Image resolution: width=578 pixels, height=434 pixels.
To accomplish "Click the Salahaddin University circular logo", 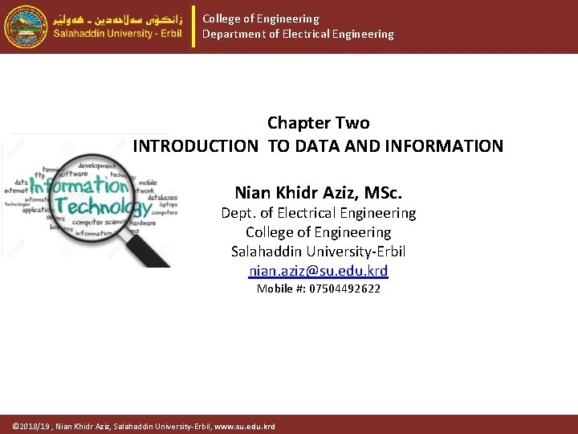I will [x=26, y=27].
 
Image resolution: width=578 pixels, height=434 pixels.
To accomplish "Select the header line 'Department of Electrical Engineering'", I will [x=298, y=35].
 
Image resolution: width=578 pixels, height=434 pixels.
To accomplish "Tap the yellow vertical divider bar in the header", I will [x=193, y=27].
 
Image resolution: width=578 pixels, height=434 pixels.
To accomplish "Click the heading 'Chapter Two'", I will [x=318, y=123].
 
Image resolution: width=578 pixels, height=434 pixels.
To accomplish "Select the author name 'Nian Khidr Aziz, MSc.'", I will [x=318, y=193].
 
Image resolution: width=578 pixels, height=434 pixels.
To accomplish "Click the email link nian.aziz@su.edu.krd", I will [x=318, y=271].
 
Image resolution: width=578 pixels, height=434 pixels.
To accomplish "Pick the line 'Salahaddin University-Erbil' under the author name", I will [x=318, y=251].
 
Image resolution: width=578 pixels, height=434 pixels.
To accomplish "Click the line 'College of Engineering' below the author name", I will [x=318, y=232].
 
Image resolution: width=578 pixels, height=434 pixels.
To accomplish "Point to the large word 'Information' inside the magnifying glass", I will [x=80, y=184].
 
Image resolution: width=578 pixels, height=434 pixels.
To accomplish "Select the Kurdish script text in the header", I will [x=118, y=17].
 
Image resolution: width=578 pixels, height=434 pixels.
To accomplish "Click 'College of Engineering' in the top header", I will [x=261, y=18].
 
